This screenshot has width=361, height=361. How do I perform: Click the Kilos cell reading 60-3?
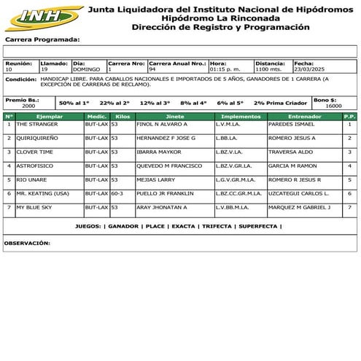[x=117, y=193]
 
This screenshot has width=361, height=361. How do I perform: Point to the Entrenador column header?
[x=304, y=116]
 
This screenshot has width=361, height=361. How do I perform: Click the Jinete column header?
[x=174, y=116]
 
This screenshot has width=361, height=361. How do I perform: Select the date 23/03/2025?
[x=308, y=69]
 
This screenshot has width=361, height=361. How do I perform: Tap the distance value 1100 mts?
[x=268, y=69]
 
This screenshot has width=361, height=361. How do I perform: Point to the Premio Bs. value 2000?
[x=28, y=106]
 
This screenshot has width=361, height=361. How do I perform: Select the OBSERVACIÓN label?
[x=27, y=243]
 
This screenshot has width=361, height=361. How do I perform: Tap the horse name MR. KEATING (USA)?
[x=42, y=193]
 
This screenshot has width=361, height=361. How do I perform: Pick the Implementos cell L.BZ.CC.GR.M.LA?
[x=238, y=193]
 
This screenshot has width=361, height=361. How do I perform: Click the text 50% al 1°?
[x=74, y=103]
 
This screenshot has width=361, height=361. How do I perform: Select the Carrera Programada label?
[x=42, y=39]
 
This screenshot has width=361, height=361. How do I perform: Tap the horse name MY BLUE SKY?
[x=34, y=207]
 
